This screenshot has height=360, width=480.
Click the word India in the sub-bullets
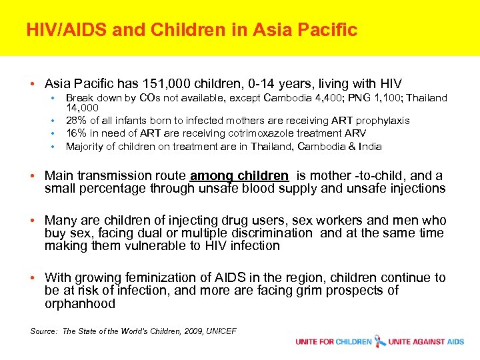coord(369,146)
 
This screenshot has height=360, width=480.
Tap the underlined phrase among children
coord(239,176)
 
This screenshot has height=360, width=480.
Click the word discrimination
coord(271,233)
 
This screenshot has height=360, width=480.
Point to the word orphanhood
coord(80,303)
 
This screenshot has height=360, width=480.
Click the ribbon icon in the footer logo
coord(381,341)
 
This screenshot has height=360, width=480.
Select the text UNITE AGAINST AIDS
coord(427,342)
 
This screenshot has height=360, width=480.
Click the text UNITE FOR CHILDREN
coord(333,342)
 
